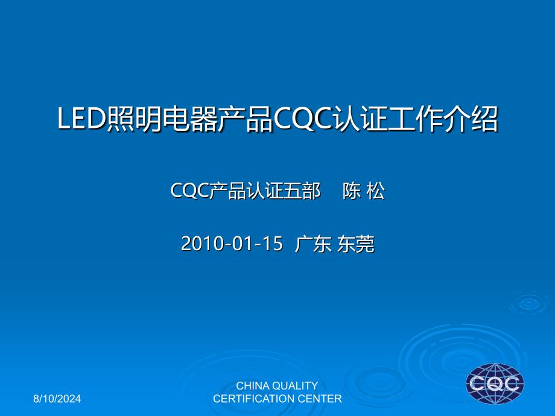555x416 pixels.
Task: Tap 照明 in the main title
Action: (134, 119)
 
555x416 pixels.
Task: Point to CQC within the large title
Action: (303, 119)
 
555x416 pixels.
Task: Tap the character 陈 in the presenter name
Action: (352, 191)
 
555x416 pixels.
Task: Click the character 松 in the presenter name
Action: (376, 191)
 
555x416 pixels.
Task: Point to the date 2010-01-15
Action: (232, 244)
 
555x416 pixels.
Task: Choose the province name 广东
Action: (313, 244)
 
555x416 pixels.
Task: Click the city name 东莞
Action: (355, 244)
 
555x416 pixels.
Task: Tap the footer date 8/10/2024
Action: (57, 399)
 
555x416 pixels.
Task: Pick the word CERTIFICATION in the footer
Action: (254, 399)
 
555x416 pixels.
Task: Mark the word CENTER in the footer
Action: (320, 399)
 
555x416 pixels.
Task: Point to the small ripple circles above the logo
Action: (529, 303)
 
